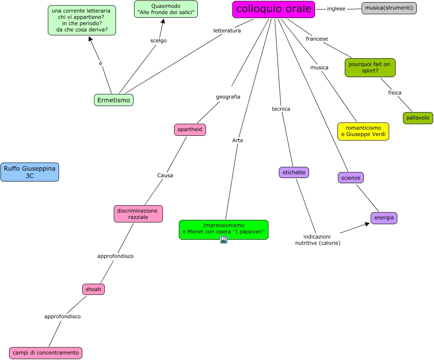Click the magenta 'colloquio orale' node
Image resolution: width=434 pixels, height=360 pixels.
coord(274,9)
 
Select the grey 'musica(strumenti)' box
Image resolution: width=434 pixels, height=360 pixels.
coord(389,8)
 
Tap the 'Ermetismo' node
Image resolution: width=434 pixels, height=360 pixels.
coord(114,100)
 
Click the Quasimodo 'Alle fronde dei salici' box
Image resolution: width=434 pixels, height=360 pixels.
coord(166,9)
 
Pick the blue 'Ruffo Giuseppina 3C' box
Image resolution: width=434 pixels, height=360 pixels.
coord(30,172)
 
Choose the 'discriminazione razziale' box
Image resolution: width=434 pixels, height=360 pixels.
coord(138,214)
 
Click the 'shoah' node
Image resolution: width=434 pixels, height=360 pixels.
coord(94,289)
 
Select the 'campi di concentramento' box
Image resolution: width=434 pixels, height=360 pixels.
coord(46,353)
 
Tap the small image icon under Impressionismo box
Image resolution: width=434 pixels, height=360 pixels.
coord(224,240)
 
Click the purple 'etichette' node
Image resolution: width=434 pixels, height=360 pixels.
coord(294,172)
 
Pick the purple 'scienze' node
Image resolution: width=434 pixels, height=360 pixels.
coord(351,178)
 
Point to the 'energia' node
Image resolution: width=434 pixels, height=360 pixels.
coord(384,218)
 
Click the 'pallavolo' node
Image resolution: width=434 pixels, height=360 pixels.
coord(418,118)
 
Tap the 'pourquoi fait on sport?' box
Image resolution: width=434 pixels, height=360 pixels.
coord(370,68)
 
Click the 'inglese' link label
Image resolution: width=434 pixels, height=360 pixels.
coord(336,9)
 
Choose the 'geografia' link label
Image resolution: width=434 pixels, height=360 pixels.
coord(228,97)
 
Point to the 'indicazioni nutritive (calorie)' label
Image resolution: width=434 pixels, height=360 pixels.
coord(318,240)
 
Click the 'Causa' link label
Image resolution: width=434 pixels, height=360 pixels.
coord(165,175)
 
